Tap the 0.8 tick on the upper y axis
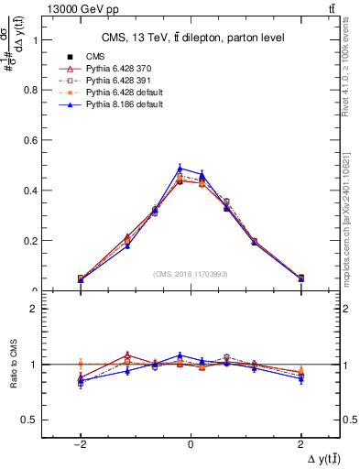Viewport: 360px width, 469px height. pyautogui.click(x=32, y=91)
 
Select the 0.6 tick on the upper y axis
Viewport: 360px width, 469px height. pyautogui.click(x=32, y=141)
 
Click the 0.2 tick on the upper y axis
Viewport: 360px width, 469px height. pyautogui.click(x=32, y=241)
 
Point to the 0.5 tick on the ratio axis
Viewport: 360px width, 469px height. pyautogui.click(x=32, y=420)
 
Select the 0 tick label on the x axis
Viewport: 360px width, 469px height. pyautogui.click(x=190, y=443)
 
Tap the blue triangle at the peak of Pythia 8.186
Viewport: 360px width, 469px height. pyautogui.click(x=180, y=168)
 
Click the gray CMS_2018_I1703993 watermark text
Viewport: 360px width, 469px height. pyautogui.click(x=191, y=274)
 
